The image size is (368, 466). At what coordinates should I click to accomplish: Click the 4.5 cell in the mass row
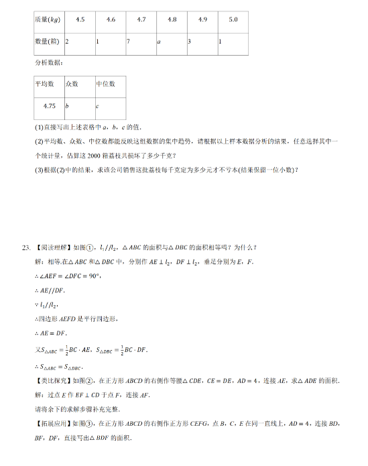[80, 20]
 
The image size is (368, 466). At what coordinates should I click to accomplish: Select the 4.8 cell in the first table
[172, 20]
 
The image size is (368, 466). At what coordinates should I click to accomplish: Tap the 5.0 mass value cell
[233, 20]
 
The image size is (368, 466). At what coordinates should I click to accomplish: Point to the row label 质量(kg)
[48, 20]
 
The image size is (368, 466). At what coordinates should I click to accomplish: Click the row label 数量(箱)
[48, 42]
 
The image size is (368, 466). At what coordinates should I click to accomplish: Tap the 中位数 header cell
[106, 84]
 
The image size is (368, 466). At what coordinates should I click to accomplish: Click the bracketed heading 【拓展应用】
[52, 424]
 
